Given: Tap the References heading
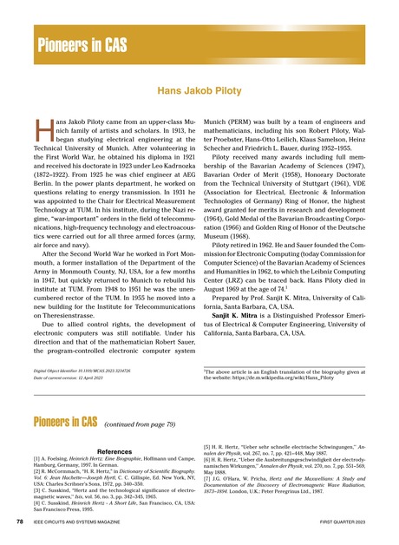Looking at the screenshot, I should (x=104, y=452).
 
